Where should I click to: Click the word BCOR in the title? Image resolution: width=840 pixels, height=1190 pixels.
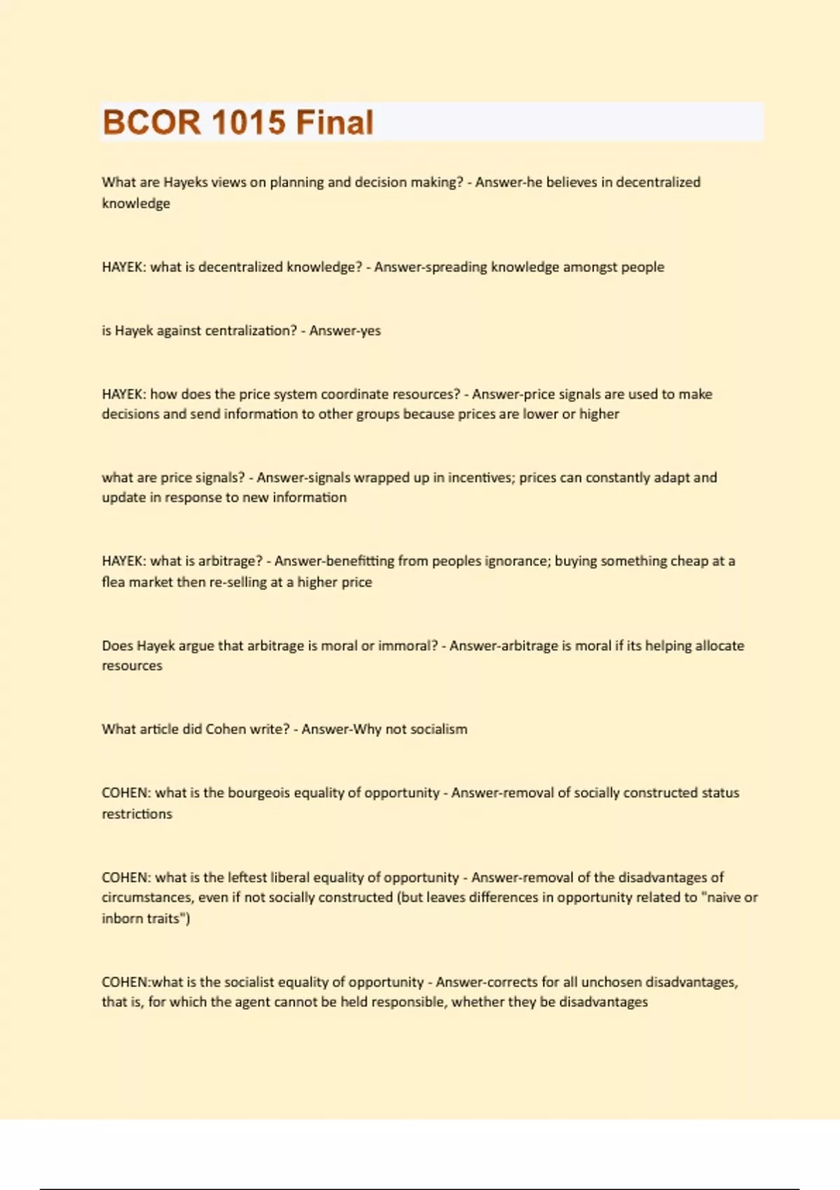pos(151,122)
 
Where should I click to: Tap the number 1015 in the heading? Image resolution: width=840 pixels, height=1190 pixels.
pos(248,122)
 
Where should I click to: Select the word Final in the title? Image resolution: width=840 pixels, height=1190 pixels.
pos(335,122)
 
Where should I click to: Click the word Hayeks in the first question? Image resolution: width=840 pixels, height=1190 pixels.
pos(185,182)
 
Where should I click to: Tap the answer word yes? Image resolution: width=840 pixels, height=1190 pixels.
pos(370,331)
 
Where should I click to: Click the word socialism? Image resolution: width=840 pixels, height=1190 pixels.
pos(439,729)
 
